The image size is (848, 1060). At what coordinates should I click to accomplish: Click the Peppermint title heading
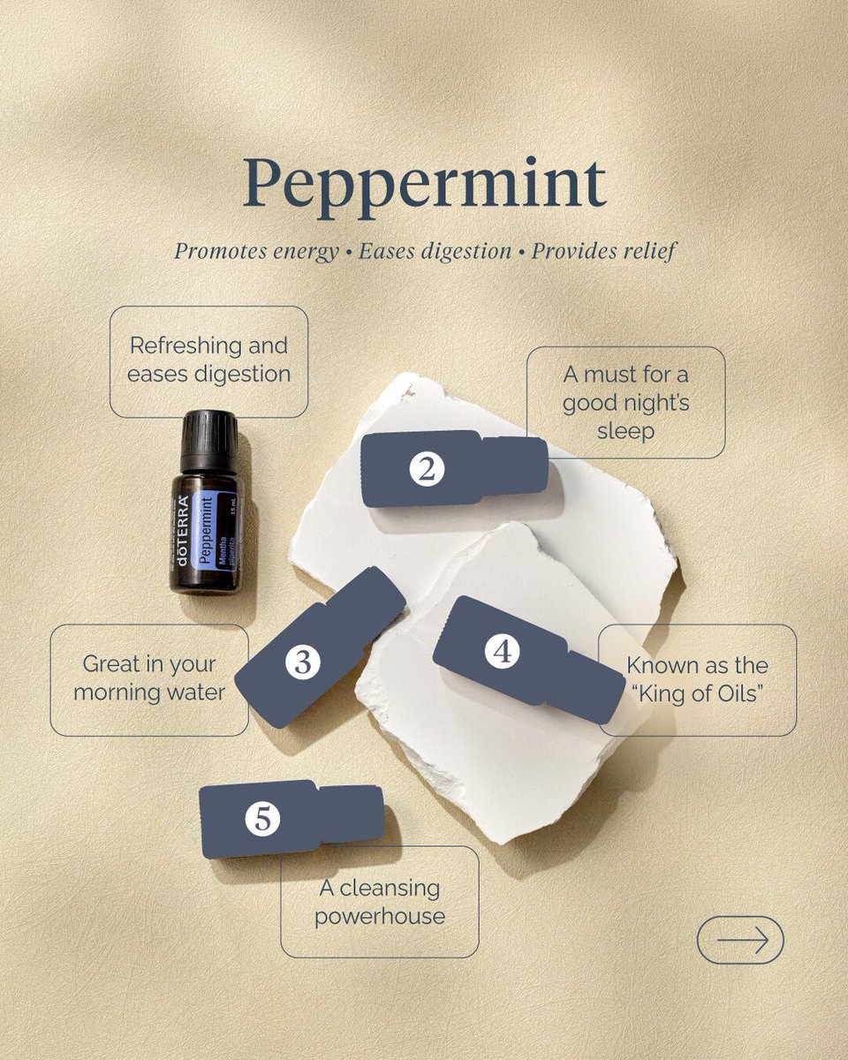424,184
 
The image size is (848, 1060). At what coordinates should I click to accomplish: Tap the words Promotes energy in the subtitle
255,251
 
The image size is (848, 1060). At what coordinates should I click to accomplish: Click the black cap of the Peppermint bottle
209,438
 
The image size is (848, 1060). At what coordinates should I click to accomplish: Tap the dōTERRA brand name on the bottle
183,533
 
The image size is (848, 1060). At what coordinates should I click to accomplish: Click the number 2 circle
427,470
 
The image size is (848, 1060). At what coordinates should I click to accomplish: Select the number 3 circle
302,662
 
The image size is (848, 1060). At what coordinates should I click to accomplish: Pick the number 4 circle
503,652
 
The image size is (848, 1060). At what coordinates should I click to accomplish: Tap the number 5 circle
262,819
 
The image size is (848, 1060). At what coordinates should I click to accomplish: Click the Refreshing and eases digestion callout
208,360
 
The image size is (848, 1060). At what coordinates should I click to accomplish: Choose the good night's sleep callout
625,403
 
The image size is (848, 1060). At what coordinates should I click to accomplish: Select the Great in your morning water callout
148,678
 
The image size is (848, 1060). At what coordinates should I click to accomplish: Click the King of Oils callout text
697,678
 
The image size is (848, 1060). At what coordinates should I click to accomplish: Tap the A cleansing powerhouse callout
380,902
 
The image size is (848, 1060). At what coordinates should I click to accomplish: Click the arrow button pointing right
740,940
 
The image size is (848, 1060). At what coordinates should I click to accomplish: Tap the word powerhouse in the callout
380,916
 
